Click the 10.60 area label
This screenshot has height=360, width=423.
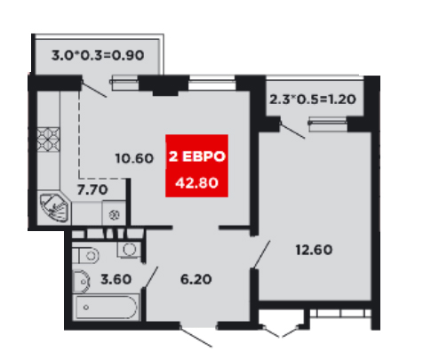(x=134, y=158)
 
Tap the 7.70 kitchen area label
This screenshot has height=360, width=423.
(x=92, y=189)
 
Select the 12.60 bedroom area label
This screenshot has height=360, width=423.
(x=314, y=250)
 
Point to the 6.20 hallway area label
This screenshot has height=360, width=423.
(x=196, y=279)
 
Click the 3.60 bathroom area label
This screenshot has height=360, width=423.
(x=116, y=279)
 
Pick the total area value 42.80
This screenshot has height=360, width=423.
(x=196, y=183)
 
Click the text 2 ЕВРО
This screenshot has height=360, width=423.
(x=197, y=156)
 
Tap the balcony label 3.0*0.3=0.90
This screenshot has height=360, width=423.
(x=98, y=55)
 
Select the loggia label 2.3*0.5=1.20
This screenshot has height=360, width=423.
(x=313, y=99)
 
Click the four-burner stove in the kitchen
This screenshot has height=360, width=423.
(x=48, y=140)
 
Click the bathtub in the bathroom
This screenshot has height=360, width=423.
(x=107, y=307)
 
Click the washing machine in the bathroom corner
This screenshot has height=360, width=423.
(x=129, y=249)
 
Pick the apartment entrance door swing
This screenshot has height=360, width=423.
(x=196, y=337)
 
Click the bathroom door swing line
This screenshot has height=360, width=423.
(x=150, y=277)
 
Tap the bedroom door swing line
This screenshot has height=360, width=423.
(x=261, y=254)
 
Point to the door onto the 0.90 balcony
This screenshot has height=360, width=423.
(x=94, y=89)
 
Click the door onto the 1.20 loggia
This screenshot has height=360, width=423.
(x=292, y=130)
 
